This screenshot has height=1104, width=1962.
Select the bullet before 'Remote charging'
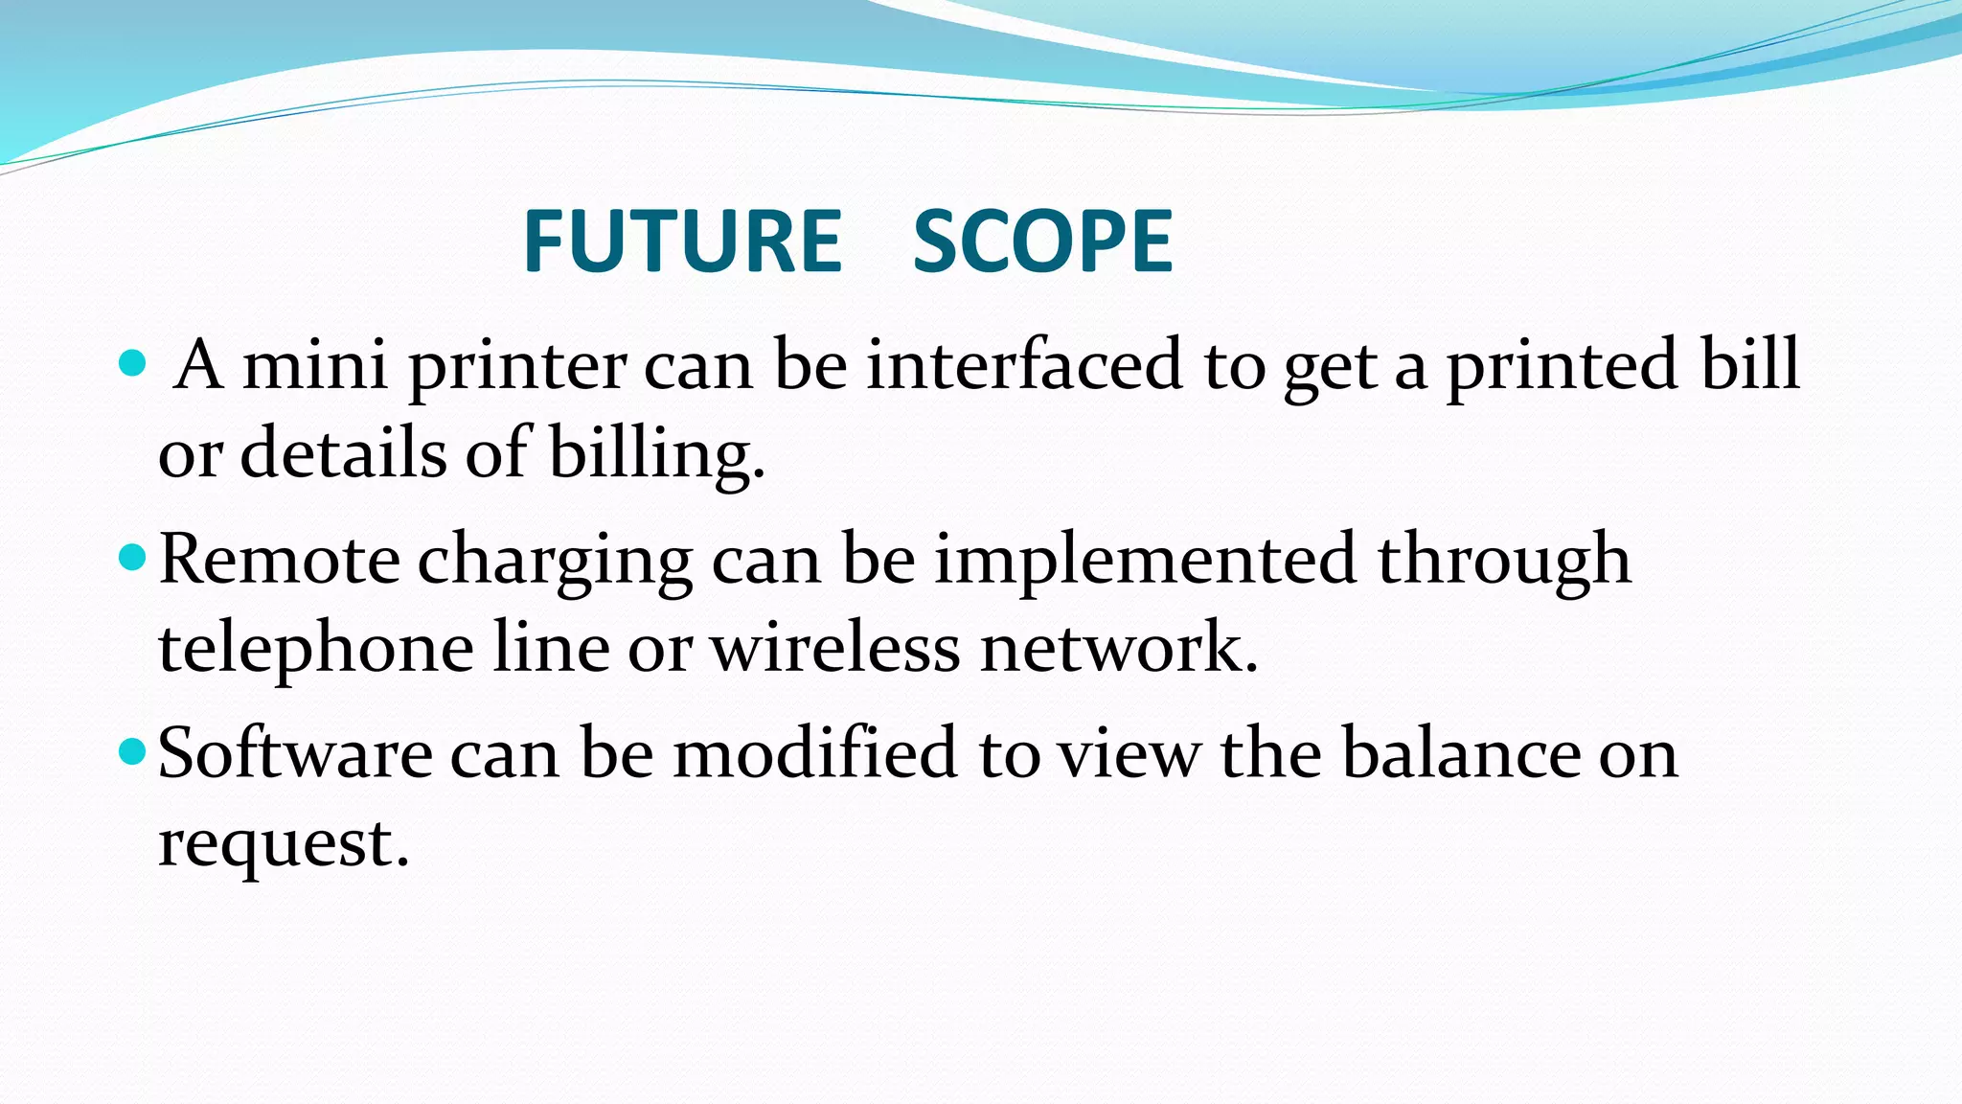click(131, 557)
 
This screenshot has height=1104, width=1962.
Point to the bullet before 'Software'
click(131, 751)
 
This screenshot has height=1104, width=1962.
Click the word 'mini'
click(315, 365)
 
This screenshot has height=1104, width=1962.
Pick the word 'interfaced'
click(1023, 365)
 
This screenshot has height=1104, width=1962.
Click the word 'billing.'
click(656, 454)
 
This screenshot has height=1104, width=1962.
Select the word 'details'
click(343, 454)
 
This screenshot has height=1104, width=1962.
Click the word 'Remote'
click(279, 560)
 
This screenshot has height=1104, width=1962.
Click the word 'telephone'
click(315, 650)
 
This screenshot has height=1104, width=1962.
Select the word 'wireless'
click(834, 648)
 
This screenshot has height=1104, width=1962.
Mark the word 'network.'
click(1118, 648)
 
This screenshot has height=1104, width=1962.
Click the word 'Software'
click(295, 753)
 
